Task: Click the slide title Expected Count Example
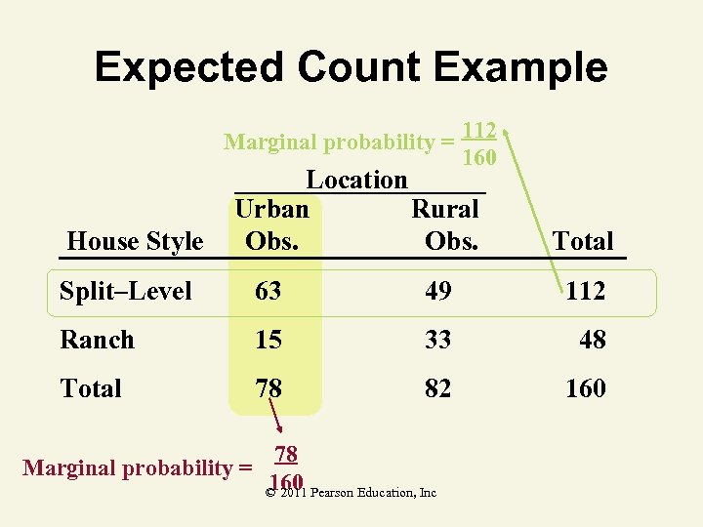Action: [351, 67]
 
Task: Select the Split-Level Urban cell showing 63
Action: [269, 291]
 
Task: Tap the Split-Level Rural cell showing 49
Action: [438, 291]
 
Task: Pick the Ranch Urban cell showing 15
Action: [269, 340]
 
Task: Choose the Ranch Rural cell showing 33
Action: [438, 340]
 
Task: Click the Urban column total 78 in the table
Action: [269, 388]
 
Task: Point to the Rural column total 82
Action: [438, 388]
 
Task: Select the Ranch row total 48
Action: [592, 340]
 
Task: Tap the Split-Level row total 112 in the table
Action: [585, 291]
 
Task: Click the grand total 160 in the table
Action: [585, 388]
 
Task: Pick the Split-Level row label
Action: [125, 291]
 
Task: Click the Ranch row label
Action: [97, 340]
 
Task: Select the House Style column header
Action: [134, 242]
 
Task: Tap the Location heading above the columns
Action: [356, 180]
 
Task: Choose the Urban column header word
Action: [272, 209]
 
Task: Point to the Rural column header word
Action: [445, 209]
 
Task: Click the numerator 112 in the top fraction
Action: [479, 131]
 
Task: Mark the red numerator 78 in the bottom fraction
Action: [285, 454]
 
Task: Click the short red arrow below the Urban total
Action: [276, 421]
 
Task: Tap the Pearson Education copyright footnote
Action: [351, 494]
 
